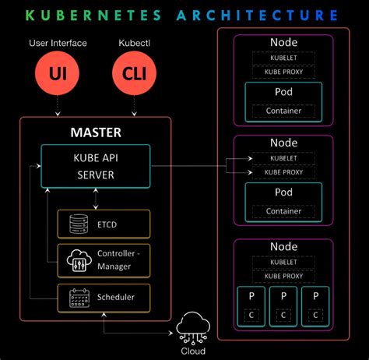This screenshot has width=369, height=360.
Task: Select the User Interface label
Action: [58, 43]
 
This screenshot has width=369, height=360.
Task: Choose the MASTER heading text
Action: [96, 132]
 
